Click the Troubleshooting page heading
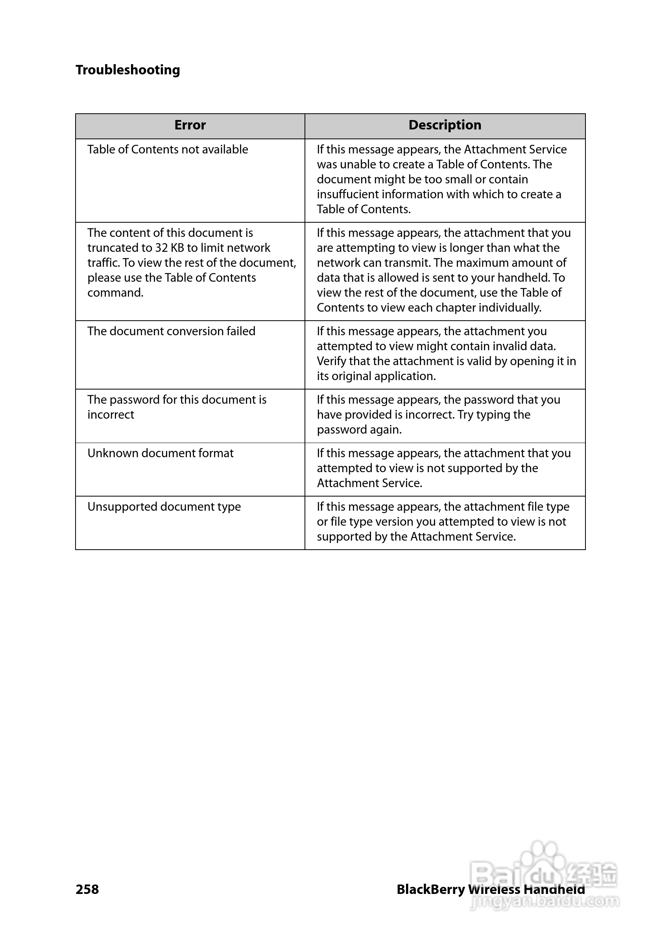pos(127,70)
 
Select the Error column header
pos(190,125)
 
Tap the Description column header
pos(445,125)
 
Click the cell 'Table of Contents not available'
pos(168,150)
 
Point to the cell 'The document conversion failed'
pos(171,331)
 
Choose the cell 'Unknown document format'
pos(160,454)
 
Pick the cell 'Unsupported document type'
pos(164,507)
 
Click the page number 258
pos(87,889)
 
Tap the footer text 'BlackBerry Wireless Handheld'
pos(490,889)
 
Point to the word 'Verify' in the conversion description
pos(331,361)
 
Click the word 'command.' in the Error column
pos(115,293)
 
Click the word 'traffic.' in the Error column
pos(103,263)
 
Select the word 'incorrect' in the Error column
pos(111,415)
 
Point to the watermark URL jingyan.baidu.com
pos(545,902)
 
